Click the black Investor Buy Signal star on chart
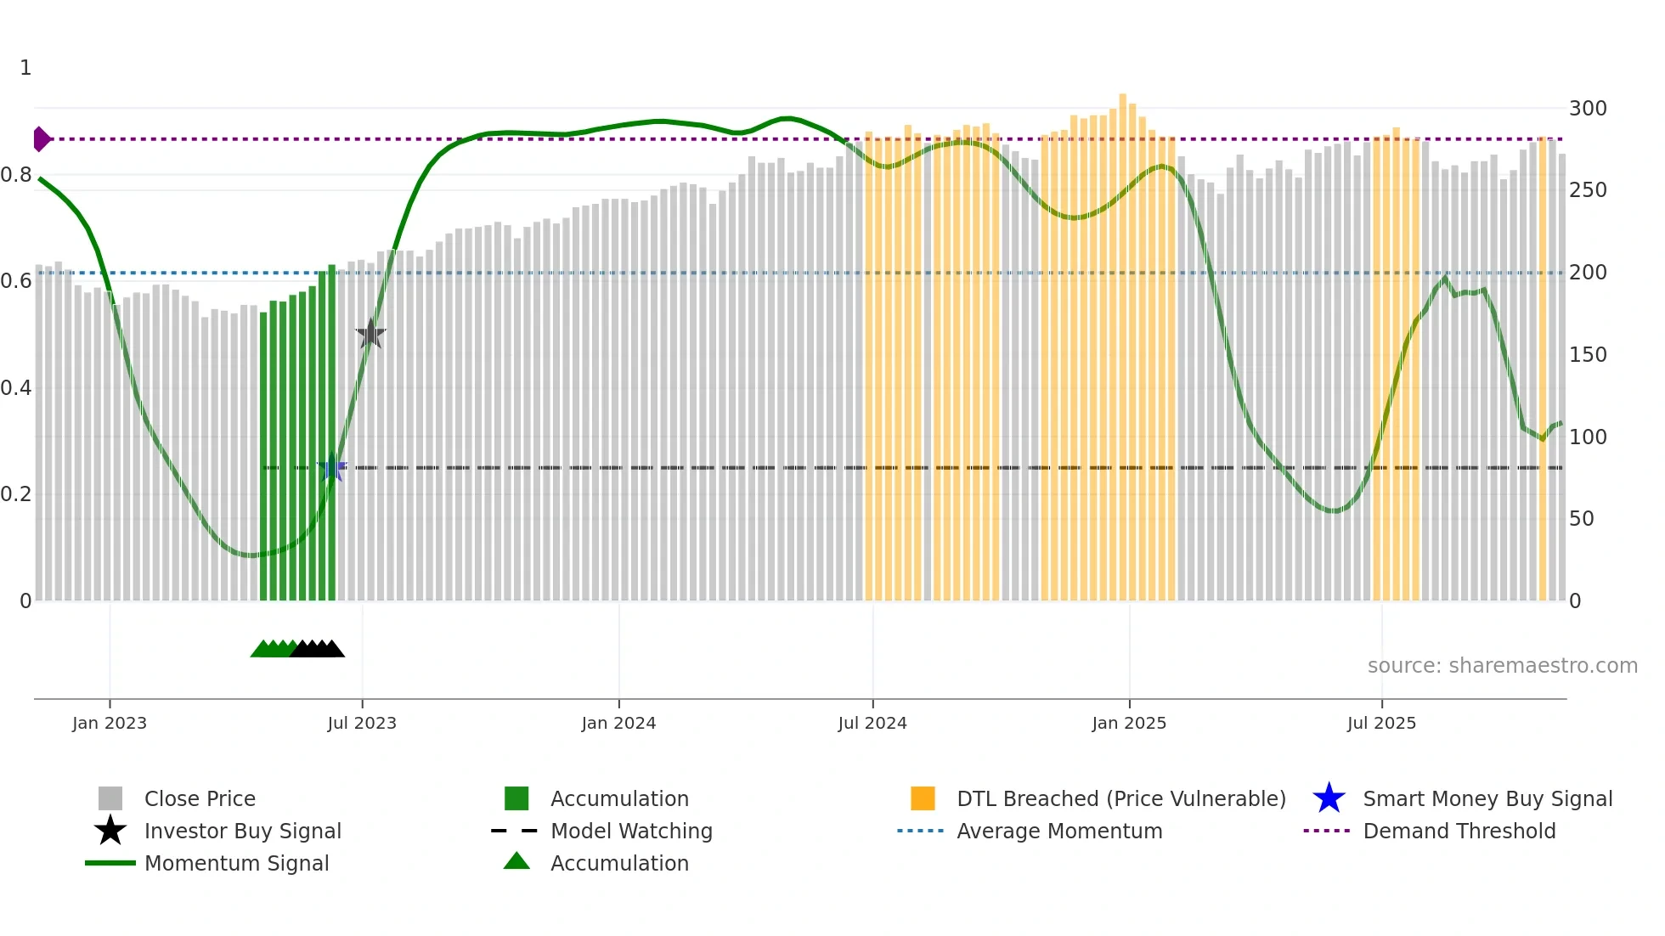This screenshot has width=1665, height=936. pos(370,334)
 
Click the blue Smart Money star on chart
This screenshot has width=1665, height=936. pos(332,467)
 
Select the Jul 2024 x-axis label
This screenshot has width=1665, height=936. pos(872,723)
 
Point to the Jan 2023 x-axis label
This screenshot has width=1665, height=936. pos(110,723)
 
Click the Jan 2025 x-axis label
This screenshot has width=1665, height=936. pos(1129,723)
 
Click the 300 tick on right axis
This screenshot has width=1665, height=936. pos(1588,109)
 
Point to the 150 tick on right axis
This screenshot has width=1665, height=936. pos(1588,355)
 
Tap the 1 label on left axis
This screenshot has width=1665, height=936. pos(25,68)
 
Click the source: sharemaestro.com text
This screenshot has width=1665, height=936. pos(1502,666)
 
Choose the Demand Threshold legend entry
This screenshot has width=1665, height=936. pos(1459,831)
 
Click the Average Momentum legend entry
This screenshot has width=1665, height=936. pos(1058,831)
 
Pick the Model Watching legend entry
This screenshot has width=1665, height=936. pos(630,831)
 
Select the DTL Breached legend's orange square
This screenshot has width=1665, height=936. pos(923,798)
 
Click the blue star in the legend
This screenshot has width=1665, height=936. pos(1329,798)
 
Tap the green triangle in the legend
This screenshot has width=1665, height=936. pos(516,861)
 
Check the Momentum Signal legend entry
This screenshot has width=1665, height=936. pos(236,863)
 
